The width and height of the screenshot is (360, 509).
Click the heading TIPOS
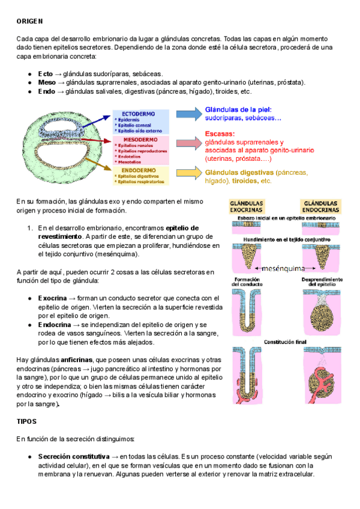(x=27, y=422)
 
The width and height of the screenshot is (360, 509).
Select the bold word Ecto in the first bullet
(x=46, y=73)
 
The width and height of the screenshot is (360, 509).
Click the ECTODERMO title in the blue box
(x=139, y=113)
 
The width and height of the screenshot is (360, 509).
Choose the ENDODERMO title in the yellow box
(x=139, y=170)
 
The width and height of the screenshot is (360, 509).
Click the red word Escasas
(x=220, y=134)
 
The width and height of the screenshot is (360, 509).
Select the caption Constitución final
(x=287, y=342)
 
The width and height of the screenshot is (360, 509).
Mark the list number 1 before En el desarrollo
(x=29, y=228)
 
